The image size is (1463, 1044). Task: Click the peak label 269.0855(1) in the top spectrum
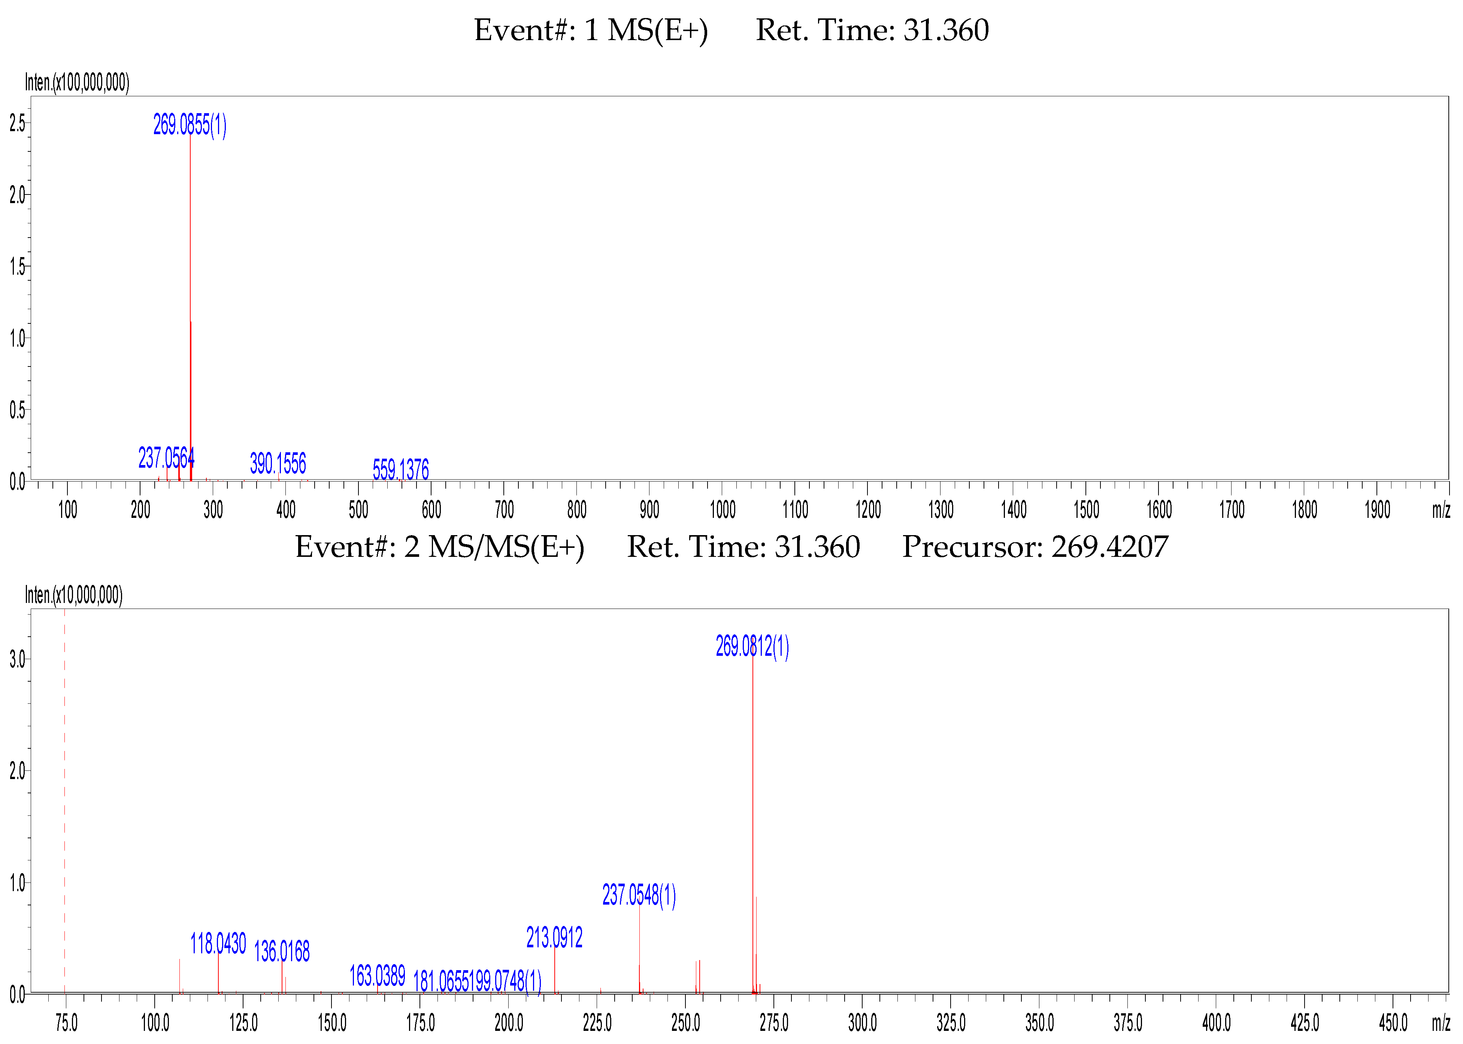[190, 125]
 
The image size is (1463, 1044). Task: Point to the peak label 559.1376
[400, 469]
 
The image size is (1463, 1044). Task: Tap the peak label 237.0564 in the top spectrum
[166, 458]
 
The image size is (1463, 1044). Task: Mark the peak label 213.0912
[554, 937]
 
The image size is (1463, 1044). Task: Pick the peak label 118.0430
[218, 944]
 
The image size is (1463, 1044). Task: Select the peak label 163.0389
[377, 976]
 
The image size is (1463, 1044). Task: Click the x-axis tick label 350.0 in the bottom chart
[1039, 1023]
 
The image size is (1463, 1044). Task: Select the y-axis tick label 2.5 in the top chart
[17, 123]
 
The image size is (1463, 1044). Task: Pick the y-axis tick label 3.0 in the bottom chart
[17, 659]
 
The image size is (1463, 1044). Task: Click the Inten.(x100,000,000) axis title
[77, 82]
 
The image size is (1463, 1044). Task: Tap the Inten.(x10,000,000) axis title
[73, 595]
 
